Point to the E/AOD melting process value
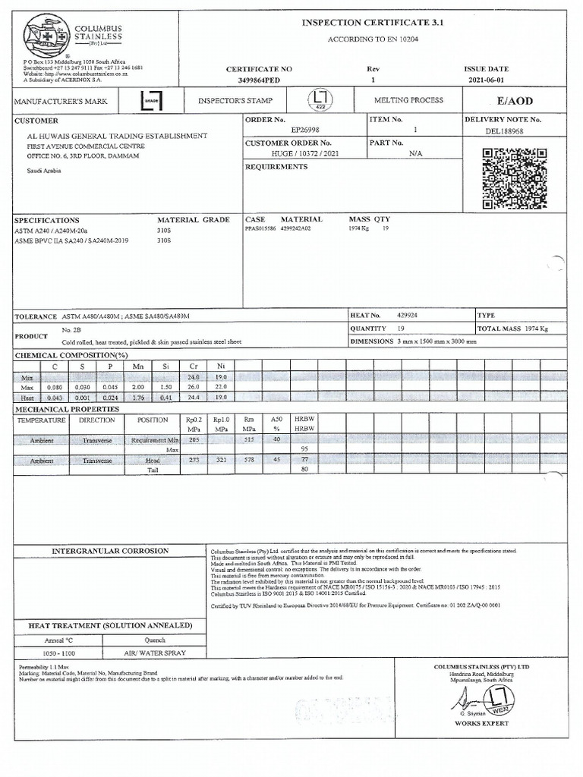pos(515,101)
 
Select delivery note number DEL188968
pos(505,131)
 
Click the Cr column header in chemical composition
pos(194,366)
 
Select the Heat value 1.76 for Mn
pos(138,397)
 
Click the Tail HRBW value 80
pos(304,470)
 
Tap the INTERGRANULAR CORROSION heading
pos(110,550)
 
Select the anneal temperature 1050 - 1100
pos(58,653)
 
